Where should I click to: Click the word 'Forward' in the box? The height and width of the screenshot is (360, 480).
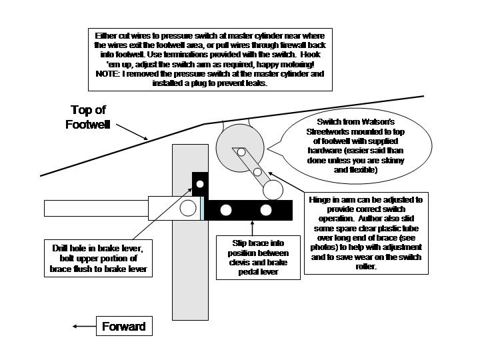tap(123, 327)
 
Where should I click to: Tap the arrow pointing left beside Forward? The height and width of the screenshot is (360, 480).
tap(83, 327)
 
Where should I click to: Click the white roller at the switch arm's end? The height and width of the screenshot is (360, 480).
tap(272, 190)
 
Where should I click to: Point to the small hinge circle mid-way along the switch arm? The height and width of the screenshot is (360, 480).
tap(257, 172)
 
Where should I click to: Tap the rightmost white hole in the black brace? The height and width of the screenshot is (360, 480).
tap(266, 211)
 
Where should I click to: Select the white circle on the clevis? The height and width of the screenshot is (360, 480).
tap(188, 208)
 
